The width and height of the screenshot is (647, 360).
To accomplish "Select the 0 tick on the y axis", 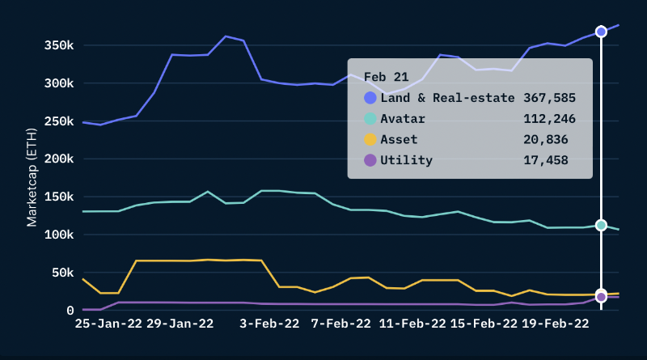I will coord(70,311).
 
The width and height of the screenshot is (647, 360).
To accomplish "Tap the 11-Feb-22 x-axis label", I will coord(412,324).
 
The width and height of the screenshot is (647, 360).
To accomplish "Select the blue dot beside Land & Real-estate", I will coord(370,98).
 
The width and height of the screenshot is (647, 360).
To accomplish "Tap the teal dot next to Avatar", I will coord(370,119).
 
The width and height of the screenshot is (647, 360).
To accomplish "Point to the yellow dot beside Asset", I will coord(370,140).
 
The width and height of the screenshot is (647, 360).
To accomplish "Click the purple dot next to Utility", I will coord(370,160).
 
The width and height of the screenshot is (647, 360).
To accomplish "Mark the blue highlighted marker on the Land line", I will coord(601,32).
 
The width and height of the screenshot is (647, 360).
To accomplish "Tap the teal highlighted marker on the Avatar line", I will coord(601,226).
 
